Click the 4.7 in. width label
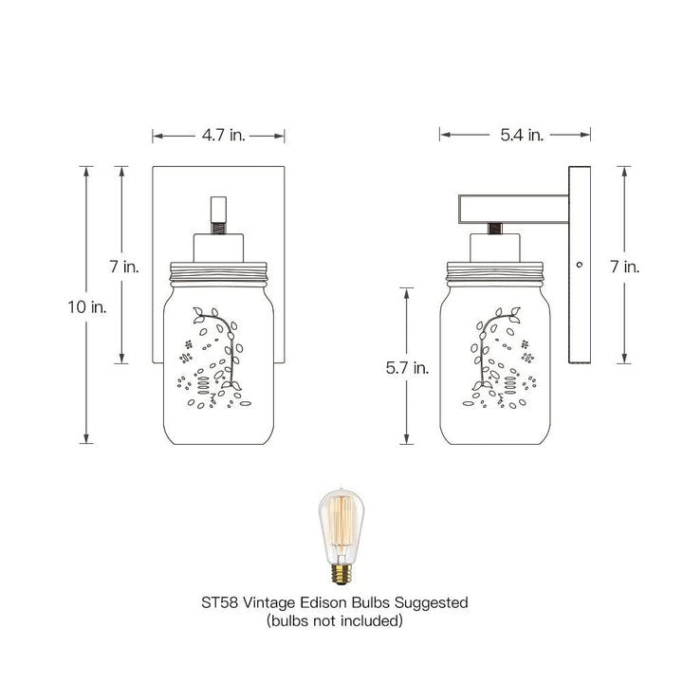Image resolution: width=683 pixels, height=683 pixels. click(x=223, y=136)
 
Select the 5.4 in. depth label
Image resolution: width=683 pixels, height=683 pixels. click(x=521, y=136)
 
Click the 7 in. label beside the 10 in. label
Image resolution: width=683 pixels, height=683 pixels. click(x=124, y=267)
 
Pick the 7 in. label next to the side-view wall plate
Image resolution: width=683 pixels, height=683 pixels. click(x=625, y=267)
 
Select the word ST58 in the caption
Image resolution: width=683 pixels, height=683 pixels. click(x=220, y=602)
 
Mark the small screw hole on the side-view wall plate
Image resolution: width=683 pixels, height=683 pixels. click(x=580, y=263)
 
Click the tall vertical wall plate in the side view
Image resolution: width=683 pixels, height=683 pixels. click(x=580, y=313)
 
